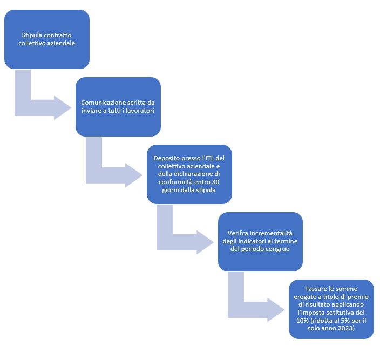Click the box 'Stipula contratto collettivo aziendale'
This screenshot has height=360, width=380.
point(47,39)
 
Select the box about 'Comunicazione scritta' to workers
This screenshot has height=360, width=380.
point(118,106)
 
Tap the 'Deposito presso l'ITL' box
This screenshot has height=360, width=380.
point(189,174)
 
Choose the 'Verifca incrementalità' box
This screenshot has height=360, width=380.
point(260,242)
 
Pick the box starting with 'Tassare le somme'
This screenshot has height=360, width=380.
point(331,309)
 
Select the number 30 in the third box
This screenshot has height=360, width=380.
point(216,182)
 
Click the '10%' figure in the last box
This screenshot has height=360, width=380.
point(302,321)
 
